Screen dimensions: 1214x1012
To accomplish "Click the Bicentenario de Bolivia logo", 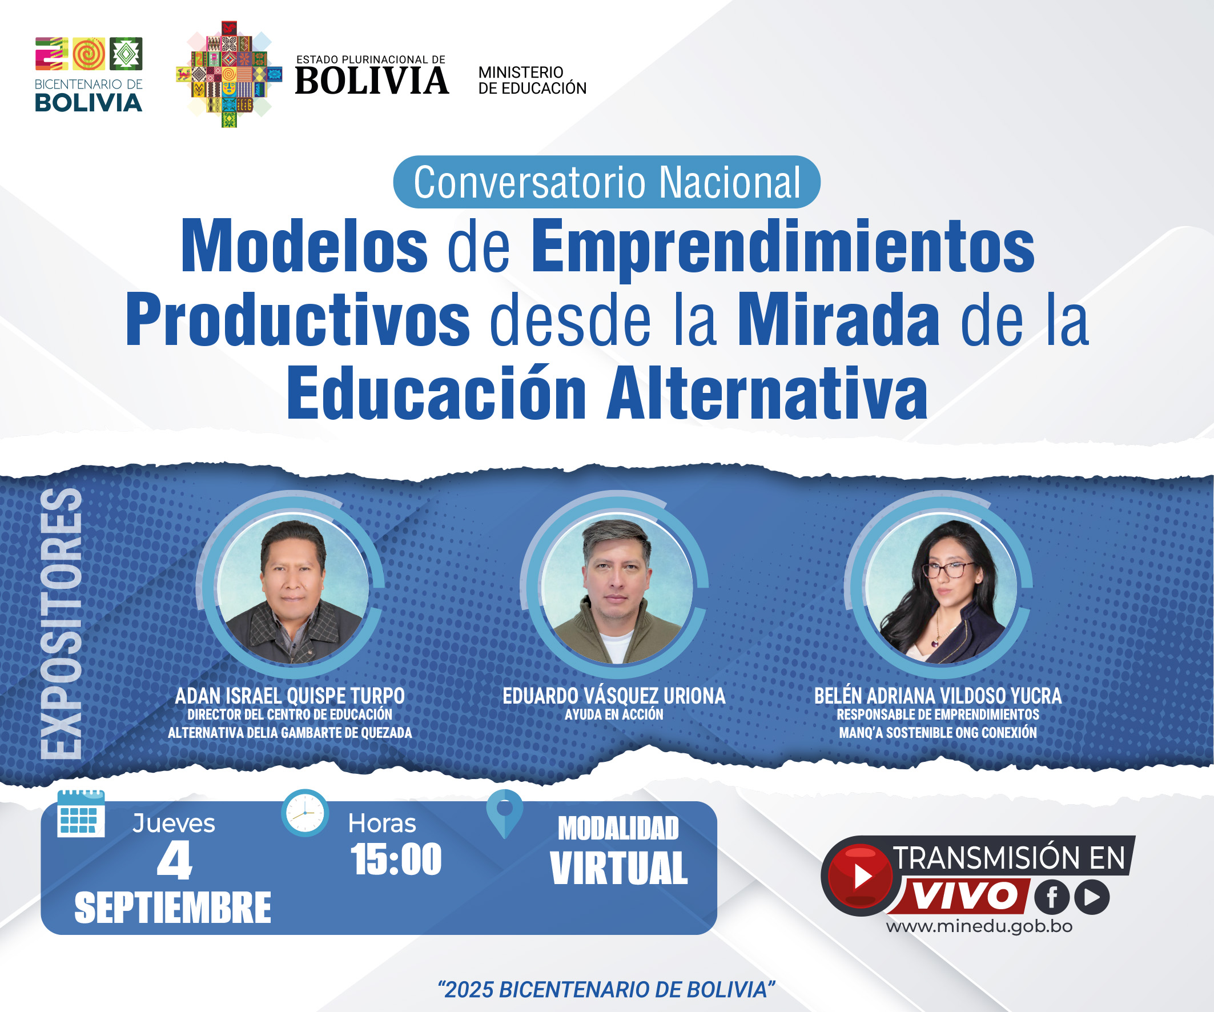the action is (89, 74).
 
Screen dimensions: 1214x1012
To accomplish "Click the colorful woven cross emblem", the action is (229, 75).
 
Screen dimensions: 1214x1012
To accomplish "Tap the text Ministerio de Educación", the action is (532, 81).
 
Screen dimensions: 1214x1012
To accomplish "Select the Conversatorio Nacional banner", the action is (606, 182).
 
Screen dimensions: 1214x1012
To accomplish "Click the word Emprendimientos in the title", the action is (783, 247).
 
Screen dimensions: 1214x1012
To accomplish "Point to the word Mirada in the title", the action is (839, 319).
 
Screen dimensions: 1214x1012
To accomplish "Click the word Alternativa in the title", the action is (767, 393).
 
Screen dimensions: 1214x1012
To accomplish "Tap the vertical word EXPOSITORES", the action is (61, 623).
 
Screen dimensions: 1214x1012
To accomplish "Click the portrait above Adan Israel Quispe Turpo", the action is (292, 588).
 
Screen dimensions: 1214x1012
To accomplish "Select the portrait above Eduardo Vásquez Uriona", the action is (616, 588).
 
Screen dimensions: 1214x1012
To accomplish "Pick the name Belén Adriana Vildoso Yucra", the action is (938, 696).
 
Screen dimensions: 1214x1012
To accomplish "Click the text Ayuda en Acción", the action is (614, 715).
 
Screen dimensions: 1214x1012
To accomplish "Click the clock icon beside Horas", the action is (305, 813).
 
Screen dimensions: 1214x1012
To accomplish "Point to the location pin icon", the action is (505, 814).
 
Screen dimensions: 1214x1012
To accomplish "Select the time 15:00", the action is (396, 860).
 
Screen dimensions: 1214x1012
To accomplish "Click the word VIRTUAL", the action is (619, 868).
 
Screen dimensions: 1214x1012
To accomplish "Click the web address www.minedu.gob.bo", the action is (979, 926).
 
